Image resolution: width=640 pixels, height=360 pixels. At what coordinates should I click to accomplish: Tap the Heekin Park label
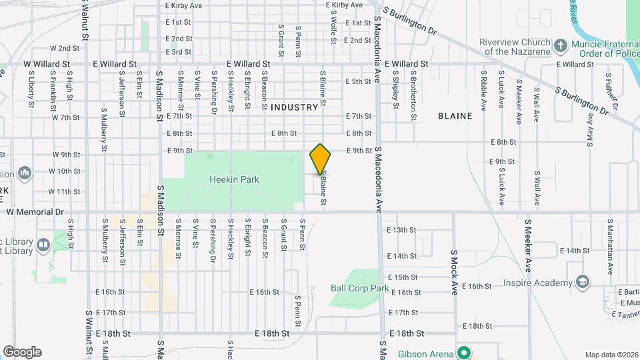234,179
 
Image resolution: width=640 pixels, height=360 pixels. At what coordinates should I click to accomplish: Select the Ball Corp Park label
359,288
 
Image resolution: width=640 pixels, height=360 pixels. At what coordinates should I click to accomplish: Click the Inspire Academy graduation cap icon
583,283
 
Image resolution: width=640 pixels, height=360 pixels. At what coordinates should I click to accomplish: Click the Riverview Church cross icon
561,46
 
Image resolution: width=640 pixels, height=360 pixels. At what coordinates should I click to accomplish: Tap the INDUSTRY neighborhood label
295,107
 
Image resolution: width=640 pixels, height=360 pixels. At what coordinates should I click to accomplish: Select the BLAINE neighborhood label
455,116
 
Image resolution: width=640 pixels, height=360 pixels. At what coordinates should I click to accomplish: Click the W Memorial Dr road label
35,212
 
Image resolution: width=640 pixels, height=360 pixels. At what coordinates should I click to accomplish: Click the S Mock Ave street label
454,272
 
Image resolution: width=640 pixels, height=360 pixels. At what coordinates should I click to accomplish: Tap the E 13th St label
401,229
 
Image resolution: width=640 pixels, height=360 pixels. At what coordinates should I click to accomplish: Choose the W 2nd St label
65,49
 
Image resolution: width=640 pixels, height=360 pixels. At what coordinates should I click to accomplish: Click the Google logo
22,352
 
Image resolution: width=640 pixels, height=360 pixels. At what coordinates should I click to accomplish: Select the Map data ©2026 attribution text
611,355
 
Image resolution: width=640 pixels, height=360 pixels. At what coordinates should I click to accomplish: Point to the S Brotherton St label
413,88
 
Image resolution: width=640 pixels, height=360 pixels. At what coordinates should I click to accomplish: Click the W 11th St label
65,191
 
